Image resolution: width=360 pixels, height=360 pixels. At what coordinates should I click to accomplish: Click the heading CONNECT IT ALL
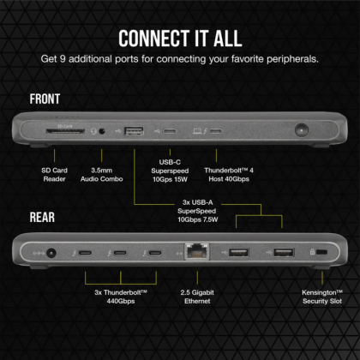point(180,38)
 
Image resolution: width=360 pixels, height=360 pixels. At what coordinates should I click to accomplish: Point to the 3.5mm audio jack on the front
point(105,131)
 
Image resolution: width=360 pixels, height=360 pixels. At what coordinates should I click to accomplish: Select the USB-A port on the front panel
point(134,131)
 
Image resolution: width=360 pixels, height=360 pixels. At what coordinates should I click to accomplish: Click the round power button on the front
point(301,132)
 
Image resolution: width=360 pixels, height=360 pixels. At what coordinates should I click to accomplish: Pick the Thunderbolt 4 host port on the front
point(215,132)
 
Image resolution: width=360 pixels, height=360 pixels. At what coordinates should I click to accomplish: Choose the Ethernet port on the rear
point(193,253)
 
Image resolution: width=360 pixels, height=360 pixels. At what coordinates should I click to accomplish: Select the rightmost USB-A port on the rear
point(284,253)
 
